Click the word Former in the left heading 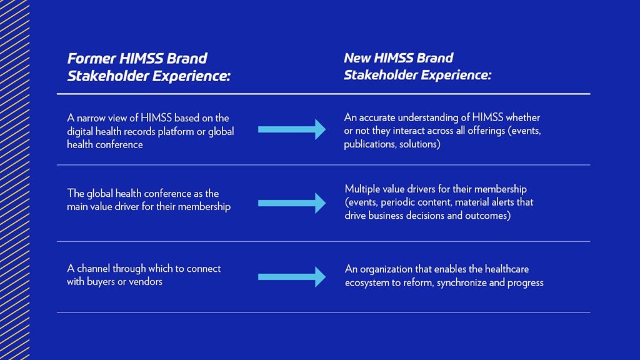click(x=91, y=59)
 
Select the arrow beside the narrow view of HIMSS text click(x=291, y=129)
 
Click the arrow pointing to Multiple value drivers click(x=291, y=202)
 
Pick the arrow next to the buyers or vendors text click(x=291, y=276)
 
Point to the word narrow click(x=92, y=117)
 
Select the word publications click(x=369, y=145)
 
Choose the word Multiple click(x=363, y=189)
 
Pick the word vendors click(x=146, y=282)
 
